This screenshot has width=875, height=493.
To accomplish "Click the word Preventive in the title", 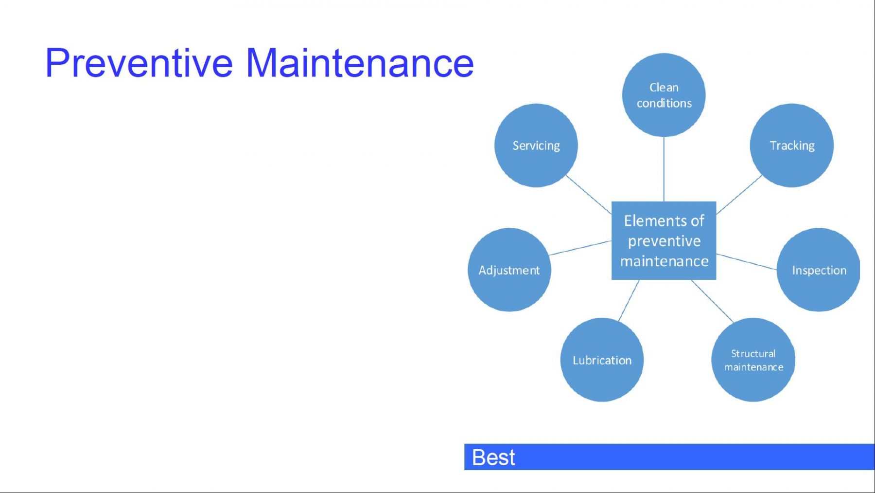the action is point(139,63).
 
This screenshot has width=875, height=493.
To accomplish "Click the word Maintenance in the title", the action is point(360,63).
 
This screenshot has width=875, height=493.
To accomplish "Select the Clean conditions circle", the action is point(664,95).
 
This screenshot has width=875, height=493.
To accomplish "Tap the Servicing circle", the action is point(536,145).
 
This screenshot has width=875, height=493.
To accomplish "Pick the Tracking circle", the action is point(792,145).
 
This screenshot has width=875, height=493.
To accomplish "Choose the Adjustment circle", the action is point(509,270).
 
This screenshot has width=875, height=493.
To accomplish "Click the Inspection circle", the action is point(819,270).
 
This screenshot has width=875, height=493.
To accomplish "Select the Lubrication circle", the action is point(602,360).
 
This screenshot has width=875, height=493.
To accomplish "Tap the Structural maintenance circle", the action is point(753,360).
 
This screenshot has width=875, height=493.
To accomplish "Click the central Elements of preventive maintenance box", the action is point(664,240).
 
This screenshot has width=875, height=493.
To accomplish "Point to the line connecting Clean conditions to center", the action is point(664,169).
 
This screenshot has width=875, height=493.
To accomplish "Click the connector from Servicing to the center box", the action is point(589,194).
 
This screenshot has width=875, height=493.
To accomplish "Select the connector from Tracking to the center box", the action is point(739,194).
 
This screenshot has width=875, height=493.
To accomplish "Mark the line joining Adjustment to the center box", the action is point(580,248).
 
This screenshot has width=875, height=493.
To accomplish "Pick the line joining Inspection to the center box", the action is point(747,261).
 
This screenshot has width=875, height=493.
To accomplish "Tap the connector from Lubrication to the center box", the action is point(629,300).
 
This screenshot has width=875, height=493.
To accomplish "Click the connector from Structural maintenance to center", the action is point(712,301).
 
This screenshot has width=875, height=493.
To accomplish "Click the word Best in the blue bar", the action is point(493,457).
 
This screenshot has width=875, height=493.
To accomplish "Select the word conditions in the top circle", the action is point(664,103).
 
